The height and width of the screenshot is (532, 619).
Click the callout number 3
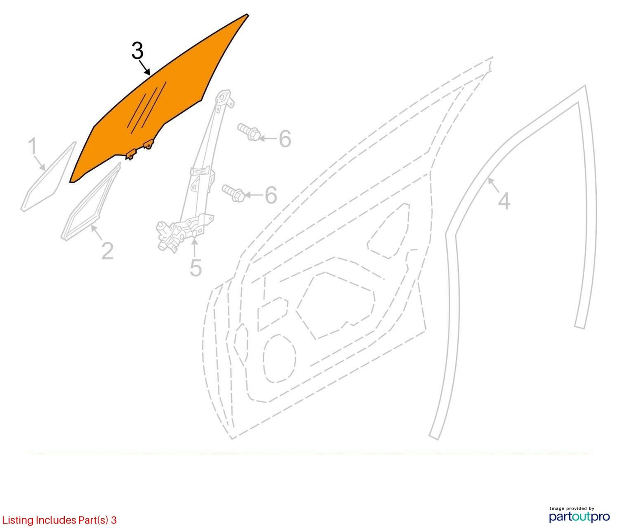tap(138, 51)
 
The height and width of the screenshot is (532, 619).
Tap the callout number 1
tap(33, 146)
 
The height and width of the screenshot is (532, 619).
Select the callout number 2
tap(108, 251)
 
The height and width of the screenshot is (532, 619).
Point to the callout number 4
tap(504, 201)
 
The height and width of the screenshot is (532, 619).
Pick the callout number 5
tap(196, 268)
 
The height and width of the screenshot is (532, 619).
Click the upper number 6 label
tap(285, 139)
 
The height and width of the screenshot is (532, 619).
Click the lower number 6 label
tap(271, 195)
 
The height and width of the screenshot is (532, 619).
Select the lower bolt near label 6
tap(233, 193)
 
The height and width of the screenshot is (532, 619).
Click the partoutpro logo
tap(580, 517)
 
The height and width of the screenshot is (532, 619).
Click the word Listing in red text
tap(18, 520)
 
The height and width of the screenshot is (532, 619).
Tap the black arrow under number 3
tap(145, 67)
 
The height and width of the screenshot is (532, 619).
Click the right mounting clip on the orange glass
tap(148, 144)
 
